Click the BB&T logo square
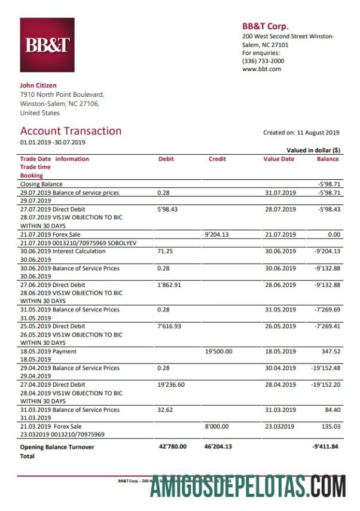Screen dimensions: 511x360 click(x=47, y=45)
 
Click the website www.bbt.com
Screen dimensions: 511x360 click(x=261, y=69)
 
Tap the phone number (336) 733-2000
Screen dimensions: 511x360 click(x=263, y=61)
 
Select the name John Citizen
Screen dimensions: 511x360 click(x=38, y=85)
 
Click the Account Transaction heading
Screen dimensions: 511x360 click(x=71, y=131)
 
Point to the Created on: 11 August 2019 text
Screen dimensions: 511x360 click(x=301, y=133)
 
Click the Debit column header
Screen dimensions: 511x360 click(x=166, y=159)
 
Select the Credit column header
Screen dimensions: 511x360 click(x=217, y=159)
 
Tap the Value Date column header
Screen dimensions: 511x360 click(x=279, y=159)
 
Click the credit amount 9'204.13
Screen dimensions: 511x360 click(x=218, y=235)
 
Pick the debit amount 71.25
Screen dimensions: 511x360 click(x=165, y=252)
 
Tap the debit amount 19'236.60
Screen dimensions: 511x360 click(x=171, y=385)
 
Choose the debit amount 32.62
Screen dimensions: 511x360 click(x=165, y=410)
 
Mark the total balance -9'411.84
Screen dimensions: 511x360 click(x=325, y=446)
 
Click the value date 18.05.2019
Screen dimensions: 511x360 click(x=280, y=351)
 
